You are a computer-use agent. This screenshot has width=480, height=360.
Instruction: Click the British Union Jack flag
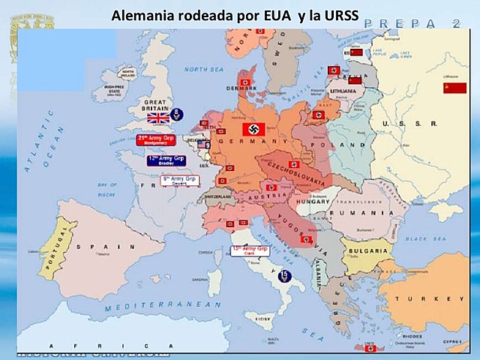click(158, 118)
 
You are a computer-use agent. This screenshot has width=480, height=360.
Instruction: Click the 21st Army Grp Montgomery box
click(155, 139)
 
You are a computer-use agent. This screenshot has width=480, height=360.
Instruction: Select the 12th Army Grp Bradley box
click(166, 160)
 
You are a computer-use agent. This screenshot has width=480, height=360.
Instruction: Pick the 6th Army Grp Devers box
click(179, 181)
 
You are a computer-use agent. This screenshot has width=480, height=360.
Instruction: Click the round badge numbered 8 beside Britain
click(176, 113)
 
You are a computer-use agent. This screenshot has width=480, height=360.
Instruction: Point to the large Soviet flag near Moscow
click(454, 88)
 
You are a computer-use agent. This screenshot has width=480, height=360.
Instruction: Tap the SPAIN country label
click(112, 245)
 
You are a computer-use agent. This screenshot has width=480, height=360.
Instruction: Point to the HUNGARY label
click(313, 202)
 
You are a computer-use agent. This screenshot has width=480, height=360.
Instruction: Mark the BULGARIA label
click(367, 250)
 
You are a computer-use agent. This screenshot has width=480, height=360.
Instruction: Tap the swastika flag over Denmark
click(244, 82)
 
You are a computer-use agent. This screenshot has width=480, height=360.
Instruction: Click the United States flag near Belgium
click(203, 144)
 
